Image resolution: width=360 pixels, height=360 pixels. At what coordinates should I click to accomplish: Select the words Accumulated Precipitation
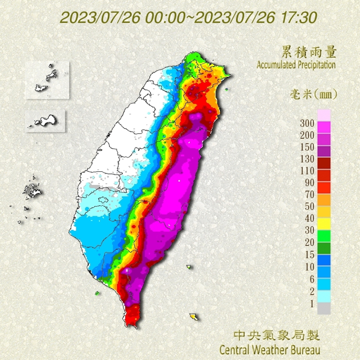point(296,65)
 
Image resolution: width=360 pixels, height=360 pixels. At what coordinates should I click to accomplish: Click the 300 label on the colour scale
point(307,122)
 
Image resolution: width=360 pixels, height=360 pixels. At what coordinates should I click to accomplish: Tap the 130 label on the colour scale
point(307,159)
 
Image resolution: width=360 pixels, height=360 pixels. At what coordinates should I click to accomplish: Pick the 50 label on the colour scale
point(307,206)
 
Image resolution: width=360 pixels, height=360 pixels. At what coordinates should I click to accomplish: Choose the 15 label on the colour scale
point(307,254)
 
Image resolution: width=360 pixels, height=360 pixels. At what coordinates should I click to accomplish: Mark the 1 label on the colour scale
point(310,303)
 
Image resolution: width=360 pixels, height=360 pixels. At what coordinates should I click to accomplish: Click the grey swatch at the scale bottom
point(324,308)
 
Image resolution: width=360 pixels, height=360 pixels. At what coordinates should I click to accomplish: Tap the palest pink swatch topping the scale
point(324,114)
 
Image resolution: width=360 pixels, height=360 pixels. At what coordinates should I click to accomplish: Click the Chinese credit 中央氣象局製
point(276,335)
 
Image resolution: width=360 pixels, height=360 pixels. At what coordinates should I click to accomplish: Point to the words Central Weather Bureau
point(269,349)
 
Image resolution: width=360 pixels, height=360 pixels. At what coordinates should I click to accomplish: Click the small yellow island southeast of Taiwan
point(194,317)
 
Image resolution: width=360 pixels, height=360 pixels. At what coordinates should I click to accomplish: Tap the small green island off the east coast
point(189,268)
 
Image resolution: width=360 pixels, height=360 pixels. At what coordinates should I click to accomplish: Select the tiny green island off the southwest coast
point(98,293)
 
